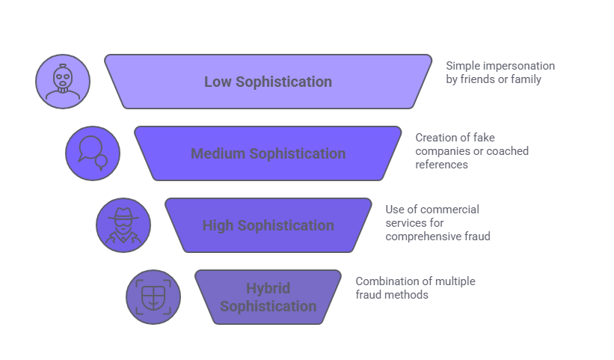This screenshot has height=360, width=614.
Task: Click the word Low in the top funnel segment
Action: click(218, 82)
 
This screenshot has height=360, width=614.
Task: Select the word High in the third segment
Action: click(218, 225)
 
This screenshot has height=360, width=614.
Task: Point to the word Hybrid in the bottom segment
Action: click(268, 288)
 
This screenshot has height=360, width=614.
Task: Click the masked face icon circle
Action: click(63, 82)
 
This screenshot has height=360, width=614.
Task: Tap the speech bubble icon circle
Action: click(93, 153)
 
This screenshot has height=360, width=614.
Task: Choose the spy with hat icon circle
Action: click(123, 225)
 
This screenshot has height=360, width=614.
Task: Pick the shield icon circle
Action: click(153, 297)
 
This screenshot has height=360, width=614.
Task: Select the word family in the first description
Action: click(524, 79)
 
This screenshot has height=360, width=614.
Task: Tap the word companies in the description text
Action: click(440, 151)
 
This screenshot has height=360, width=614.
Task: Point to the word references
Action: click(442, 164)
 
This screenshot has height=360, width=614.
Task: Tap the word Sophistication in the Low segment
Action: click(283, 82)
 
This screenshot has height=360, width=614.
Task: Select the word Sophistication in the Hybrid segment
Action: click(268, 306)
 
